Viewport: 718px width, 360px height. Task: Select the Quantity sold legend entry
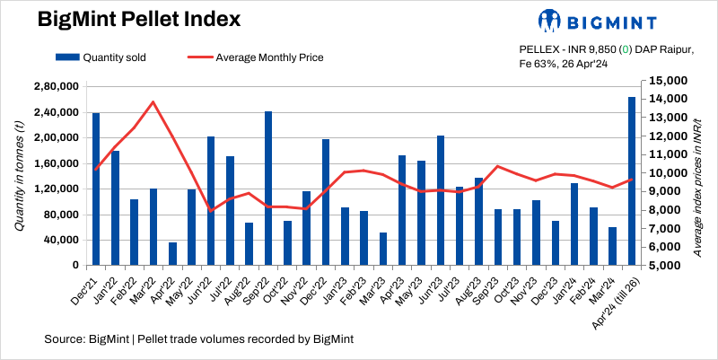100,57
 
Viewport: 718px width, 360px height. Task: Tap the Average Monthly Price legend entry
256,57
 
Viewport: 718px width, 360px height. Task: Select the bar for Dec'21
96,189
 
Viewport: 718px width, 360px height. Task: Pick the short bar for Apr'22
172,254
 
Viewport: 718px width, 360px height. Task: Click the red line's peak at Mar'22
153,101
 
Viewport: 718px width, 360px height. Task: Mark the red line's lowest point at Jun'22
211,211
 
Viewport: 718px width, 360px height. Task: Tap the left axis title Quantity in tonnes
20,176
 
